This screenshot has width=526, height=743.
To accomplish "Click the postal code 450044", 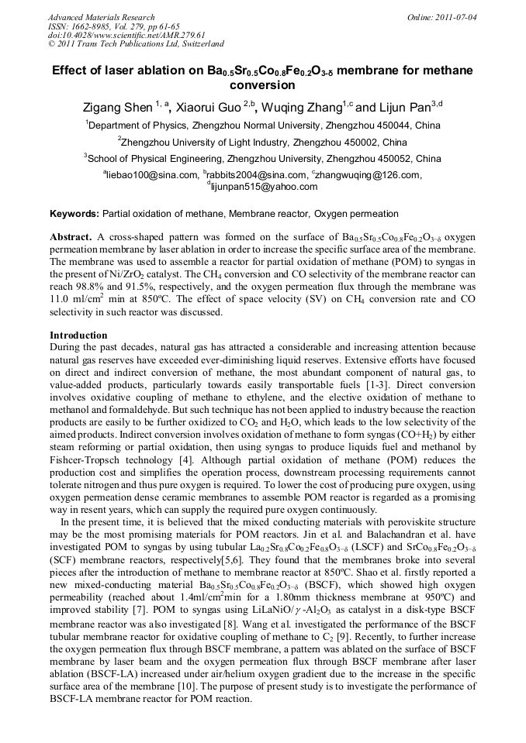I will [x=380, y=125].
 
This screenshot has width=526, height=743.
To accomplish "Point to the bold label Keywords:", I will [x=74, y=214].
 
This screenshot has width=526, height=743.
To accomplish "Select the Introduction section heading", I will [x=78, y=335].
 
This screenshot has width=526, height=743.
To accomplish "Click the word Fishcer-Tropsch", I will [x=85, y=461].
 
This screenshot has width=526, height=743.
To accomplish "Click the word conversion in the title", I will [x=262, y=85].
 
